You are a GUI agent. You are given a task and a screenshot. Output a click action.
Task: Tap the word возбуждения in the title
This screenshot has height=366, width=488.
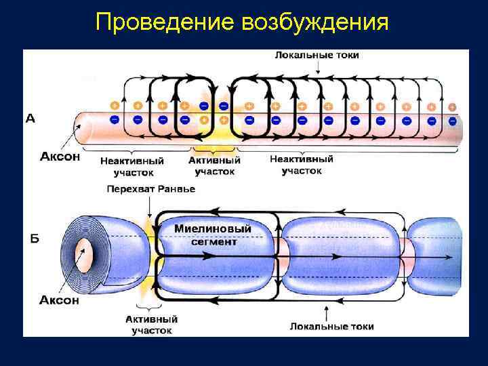(x=314, y=23)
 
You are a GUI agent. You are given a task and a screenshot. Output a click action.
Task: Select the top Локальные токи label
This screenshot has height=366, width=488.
(x=317, y=55)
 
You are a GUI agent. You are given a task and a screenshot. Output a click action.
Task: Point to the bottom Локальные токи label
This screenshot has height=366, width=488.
(x=331, y=326)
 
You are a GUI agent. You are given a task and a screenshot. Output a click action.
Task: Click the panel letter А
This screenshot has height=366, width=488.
(x=30, y=119)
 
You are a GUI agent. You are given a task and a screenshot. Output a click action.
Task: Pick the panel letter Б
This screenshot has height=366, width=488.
(x=33, y=239)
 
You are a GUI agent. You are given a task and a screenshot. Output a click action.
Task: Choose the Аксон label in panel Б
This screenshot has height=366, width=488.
(x=60, y=300)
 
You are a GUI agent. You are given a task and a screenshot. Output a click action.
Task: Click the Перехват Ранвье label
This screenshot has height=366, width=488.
(x=150, y=188)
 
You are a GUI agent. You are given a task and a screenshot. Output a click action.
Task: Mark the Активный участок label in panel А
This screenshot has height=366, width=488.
(x=213, y=165)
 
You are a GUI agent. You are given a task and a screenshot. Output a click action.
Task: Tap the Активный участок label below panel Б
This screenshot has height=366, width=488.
(x=151, y=324)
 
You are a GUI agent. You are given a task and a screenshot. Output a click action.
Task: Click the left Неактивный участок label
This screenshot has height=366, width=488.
(x=132, y=167)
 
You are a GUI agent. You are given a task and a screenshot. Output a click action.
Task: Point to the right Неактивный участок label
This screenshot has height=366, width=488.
(x=302, y=164)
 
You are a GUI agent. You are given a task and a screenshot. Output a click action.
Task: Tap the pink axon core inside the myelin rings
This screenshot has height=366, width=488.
(x=87, y=256)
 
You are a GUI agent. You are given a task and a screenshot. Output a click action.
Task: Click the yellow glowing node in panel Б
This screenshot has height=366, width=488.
(x=150, y=254)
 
